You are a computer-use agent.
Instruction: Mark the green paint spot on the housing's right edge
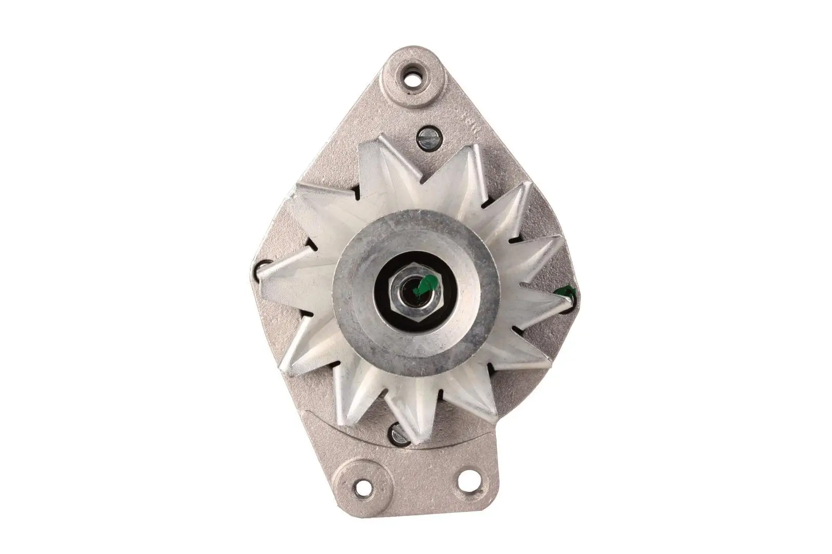coord(568,293)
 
